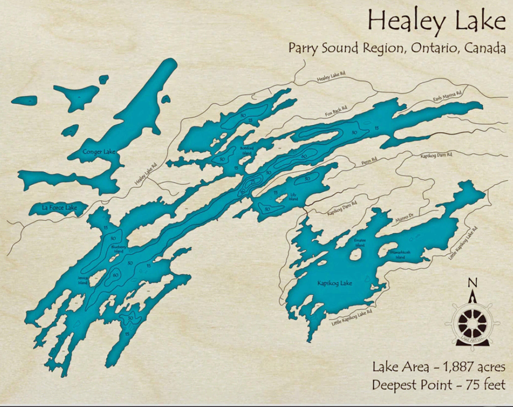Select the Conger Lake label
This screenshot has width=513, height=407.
click(x=99, y=152)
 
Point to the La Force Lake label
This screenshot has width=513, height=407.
click(x=59, y=207)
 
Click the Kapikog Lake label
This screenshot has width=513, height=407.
click(x=334, y=283)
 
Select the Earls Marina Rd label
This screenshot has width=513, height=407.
click(x=447, y=96)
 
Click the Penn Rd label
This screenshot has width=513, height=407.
click(x=369, y=161)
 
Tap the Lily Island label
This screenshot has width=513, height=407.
click(x=293, y=197)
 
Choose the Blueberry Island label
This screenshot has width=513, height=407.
click(x=118, y=249)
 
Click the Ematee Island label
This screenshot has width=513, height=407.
click(x=360, y=242)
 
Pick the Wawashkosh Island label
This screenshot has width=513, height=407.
click(x=400, y=255)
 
